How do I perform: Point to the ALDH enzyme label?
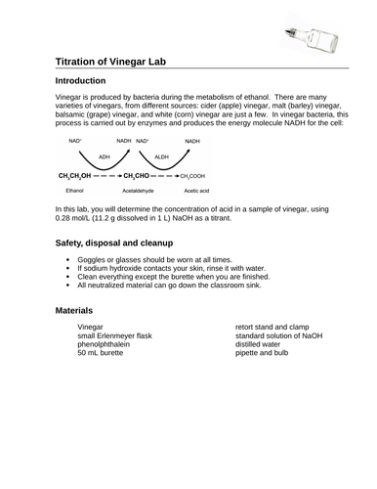tap(162, 156)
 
